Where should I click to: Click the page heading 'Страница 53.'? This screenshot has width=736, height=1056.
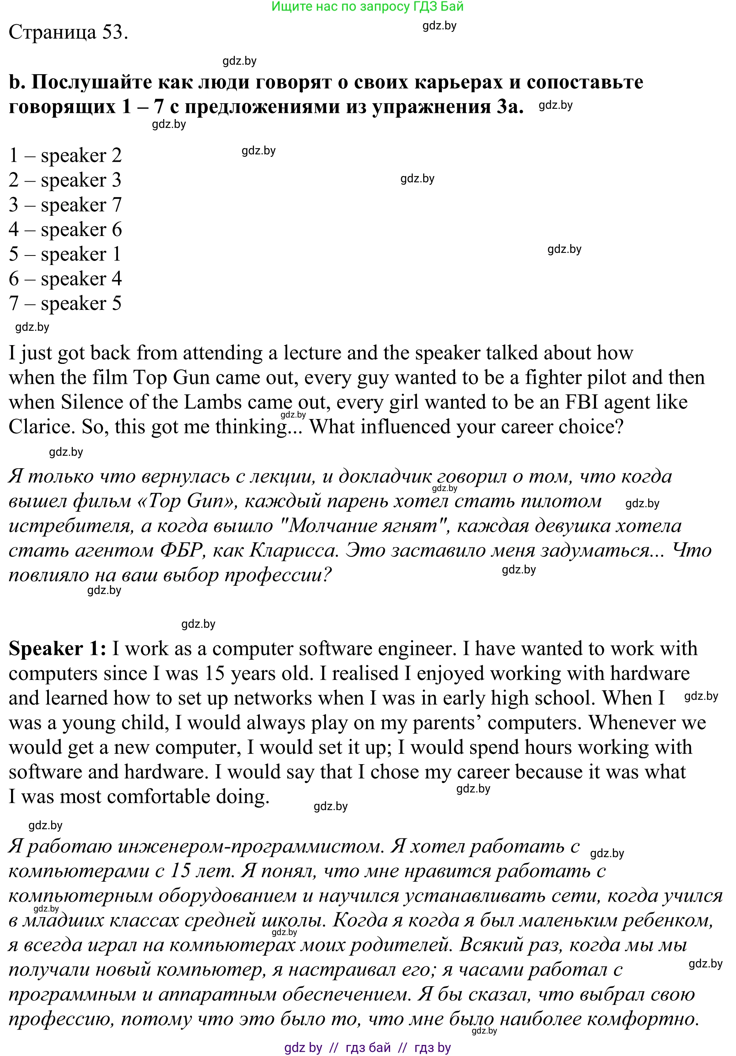[x=68, y=32]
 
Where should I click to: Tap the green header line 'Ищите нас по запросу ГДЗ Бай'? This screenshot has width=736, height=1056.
[x=367, y=7]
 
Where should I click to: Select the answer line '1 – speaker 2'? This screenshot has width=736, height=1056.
[x=65, y=155]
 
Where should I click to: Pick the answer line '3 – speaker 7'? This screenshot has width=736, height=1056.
[x=65, y=205]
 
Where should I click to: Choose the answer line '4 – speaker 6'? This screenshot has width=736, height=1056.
[x=65, y=229]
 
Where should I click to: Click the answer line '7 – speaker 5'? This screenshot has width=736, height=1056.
[x=65, y=304]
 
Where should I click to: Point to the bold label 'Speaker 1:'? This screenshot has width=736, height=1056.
[x=57, y=649]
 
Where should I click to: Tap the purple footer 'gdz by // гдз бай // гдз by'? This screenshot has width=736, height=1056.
[x=367, y=1047]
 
